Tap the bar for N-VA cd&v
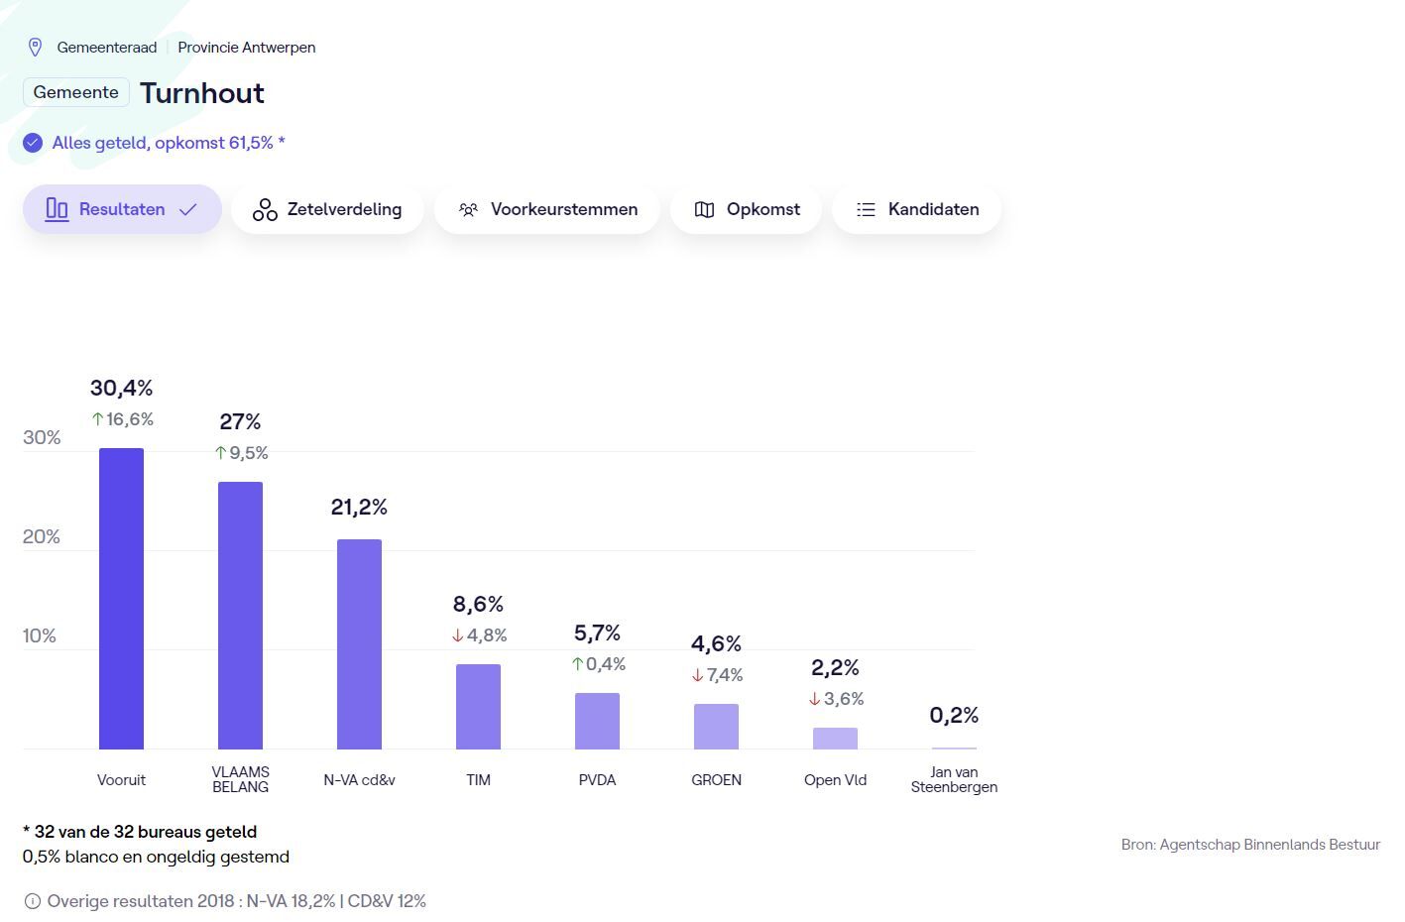[359, 643]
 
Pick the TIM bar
[478, 706]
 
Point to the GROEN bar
[716, 726]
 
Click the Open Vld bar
[835, 738]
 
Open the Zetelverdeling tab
[327, 209]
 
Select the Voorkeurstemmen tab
[547, 209]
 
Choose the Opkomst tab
[746, 209]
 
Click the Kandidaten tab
[916, 209]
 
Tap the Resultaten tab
[122, 209]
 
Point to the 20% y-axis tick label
[42, 536]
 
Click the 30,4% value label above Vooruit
[121, 388]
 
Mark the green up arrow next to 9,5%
[221, 453]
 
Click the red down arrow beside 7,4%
[698, 675]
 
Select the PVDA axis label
[597, 779]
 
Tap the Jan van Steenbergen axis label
[954, 779]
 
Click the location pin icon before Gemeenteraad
[35, 47]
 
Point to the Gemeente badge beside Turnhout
[76, 92]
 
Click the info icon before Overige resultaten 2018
[33, 901]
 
